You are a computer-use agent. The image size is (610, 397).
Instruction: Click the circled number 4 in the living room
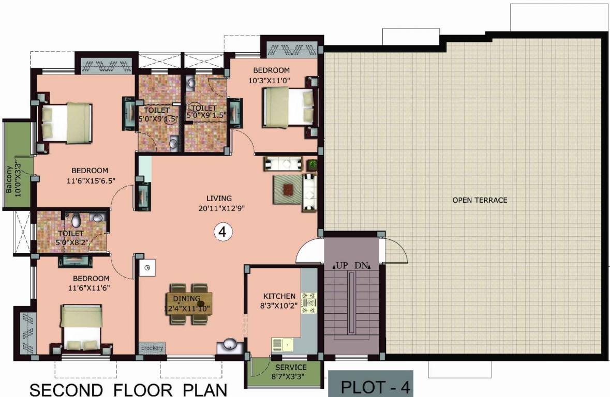(222, 233)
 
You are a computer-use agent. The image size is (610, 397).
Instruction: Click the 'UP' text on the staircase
(340, 266)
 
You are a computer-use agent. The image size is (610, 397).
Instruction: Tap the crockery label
(152, 348)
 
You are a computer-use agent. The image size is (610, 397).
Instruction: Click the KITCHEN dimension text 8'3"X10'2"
(279, 306)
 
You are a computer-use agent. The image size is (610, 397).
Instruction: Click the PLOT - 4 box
(370, 387)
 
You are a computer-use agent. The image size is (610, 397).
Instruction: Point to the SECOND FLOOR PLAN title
(128, 389)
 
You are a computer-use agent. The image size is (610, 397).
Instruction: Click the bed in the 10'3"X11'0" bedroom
(288, 107)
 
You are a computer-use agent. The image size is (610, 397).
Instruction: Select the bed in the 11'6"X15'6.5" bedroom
(66, 122)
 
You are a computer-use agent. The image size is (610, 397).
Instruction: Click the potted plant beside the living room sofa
(312, 164)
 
